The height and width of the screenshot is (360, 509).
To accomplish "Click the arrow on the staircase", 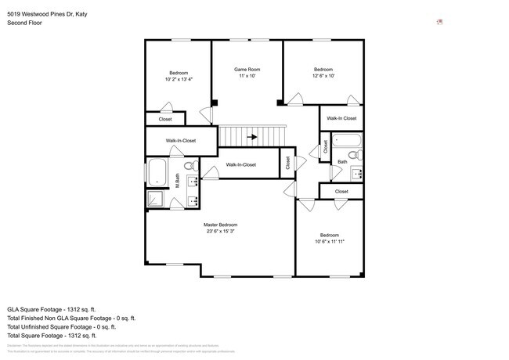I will point(252,136).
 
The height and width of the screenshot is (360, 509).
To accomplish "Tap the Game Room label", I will point(247,70).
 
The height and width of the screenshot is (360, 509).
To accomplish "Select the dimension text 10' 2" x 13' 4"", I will point(179,79).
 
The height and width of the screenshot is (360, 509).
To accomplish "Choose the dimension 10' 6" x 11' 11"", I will point(329,242).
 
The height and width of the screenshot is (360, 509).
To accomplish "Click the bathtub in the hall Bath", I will point(345,142).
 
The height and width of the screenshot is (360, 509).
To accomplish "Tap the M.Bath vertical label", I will point(178,181).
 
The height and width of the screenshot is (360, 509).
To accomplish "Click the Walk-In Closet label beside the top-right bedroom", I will point(341,118).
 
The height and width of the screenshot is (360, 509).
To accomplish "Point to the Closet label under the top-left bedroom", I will point(165,119).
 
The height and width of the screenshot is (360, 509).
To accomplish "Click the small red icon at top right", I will point(440,21).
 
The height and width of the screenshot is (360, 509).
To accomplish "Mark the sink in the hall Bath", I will point(356,173).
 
